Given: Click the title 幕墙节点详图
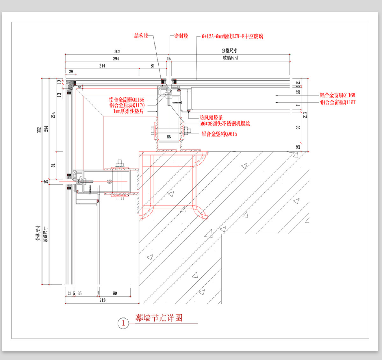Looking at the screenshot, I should [x=159, y=318].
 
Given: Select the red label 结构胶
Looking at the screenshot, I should [x=141, y=36].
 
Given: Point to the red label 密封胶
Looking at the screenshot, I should [x=181, y=36].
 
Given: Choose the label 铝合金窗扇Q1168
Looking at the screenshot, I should [x=338, y=96].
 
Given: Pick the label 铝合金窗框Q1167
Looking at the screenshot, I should [x=338, y=102].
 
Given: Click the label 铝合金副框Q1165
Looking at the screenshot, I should [x=126, y=100].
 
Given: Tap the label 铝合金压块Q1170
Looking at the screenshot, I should [x=126, y=106].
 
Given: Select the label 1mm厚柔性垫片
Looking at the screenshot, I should [x=128, y=111].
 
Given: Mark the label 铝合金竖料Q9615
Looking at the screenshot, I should [x=219, y=134].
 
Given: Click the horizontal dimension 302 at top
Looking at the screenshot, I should [x=117, y=51].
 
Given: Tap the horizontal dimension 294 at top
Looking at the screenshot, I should [x=116, y=59].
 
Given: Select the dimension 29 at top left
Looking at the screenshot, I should [x=70, y=71].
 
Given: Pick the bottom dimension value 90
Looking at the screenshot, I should [x=115, y=293].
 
